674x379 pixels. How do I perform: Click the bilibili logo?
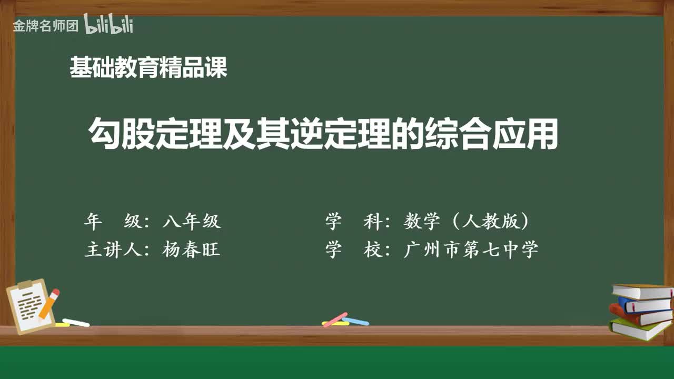(x=108, y=24)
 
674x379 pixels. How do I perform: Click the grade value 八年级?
(x=192, y=222)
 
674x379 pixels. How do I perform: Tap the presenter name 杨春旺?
(x=191, y=250)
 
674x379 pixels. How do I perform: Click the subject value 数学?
(x=422, y=222)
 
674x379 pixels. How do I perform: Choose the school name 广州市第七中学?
(x=471, y=250)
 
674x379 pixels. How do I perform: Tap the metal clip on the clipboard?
(x=25, y=284)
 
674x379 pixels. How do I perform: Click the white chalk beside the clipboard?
(x=76, y=322)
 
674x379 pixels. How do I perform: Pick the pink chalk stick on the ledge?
(x=335, y=319)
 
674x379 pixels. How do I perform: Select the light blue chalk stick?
(x=355, y=321)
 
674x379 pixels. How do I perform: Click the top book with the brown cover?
(x=642, y=291)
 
